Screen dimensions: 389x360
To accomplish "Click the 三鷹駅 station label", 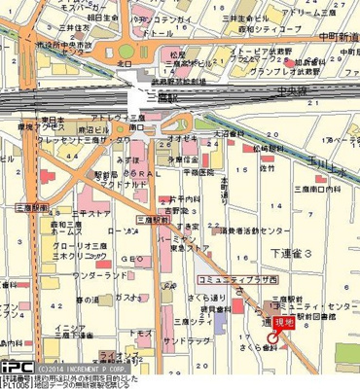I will pos(146,99).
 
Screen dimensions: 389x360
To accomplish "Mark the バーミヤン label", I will pos(169,234).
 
